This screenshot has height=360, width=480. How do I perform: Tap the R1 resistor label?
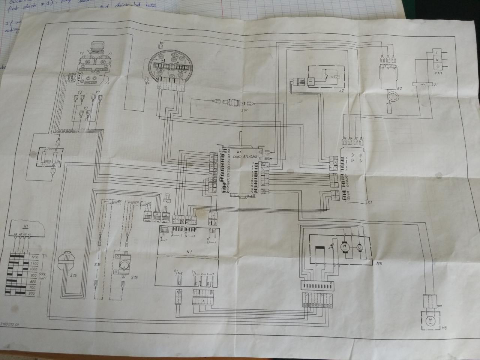pos(59,162)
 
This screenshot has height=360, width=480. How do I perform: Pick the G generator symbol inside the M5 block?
pos(360,247)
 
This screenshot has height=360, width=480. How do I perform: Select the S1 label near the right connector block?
pos(369,202)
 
